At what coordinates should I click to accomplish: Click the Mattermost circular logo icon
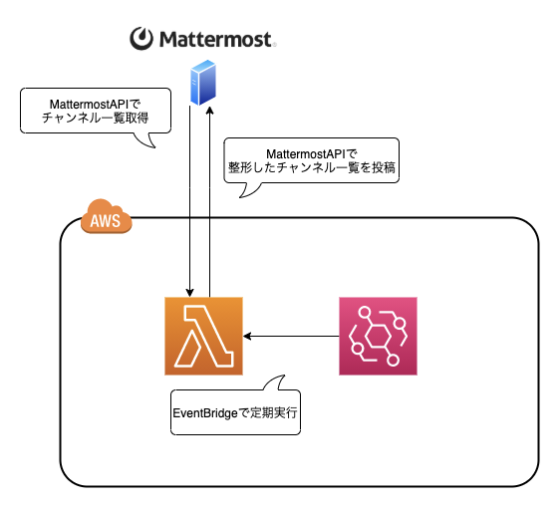point(141,39)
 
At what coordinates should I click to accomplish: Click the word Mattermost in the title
point(215,39)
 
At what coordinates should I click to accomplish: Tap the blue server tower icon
point(203,83)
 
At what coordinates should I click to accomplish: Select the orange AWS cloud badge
point(106,216)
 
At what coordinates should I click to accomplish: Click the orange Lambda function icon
point(203,336)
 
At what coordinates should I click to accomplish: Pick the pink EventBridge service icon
point(378,336)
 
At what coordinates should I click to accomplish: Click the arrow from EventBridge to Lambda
point(291,336)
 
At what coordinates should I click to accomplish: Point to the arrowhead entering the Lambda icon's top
point(189,293)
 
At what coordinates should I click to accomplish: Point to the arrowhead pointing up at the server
point(210,111)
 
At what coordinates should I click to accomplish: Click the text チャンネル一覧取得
point(95,118)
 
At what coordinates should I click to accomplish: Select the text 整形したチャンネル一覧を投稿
point(312,167)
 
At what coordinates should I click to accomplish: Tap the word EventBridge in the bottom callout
point(205,413)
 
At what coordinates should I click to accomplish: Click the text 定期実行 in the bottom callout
point(273,413)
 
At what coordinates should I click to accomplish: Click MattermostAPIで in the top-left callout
point(95,105)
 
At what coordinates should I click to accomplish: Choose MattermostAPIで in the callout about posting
point(312,153)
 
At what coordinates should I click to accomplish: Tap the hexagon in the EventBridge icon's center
point(378,337)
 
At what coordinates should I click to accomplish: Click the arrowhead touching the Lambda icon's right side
point(247,336)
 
